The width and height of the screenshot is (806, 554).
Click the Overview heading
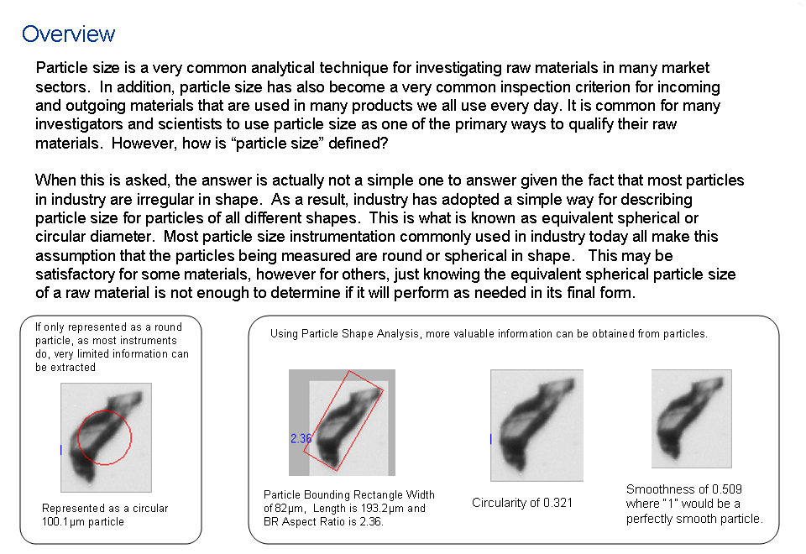pyautogui.click(x=68, y=34)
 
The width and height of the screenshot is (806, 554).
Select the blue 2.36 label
pyautogui.click(x=301, y=438)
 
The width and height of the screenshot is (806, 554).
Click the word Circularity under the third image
pyautogui.click(x=500, y=503)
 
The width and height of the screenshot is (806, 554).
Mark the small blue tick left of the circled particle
pyautogui.click(x=61, y=450)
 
